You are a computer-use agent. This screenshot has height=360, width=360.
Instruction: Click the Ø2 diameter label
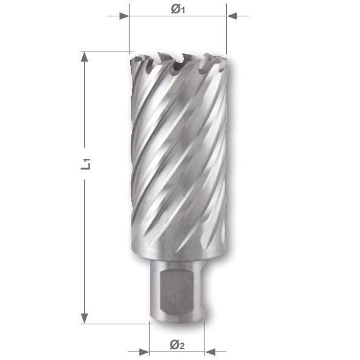click(x=177, y=345)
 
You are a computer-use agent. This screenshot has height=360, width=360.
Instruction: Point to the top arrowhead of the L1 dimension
click(x=85, y=57)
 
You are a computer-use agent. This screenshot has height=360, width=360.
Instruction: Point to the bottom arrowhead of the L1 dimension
click(x=85, y=318)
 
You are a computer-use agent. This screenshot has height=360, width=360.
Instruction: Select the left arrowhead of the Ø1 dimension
click(x=125, y=16)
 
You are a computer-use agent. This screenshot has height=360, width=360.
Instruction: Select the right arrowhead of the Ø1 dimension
click(x=232, y=16)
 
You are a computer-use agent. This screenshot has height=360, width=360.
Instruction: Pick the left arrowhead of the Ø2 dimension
click(x=145, y=352)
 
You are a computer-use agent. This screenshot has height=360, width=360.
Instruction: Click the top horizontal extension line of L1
click(x=106, y=51)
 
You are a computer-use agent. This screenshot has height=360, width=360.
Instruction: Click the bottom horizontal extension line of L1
click(x=115, y=324)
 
